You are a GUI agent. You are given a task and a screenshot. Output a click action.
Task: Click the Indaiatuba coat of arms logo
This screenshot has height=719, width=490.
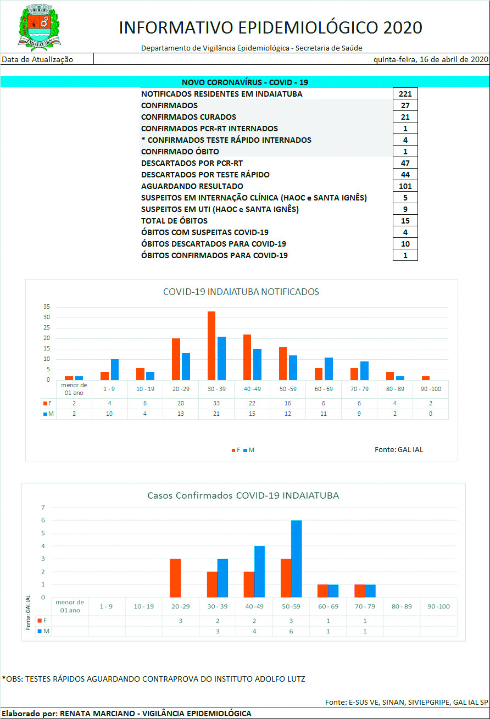tap(40, 26)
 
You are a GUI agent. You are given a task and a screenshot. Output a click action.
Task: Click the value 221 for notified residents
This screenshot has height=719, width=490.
tap(405, 94)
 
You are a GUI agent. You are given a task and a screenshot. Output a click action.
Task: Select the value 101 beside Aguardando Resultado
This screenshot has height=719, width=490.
tap(405, 186)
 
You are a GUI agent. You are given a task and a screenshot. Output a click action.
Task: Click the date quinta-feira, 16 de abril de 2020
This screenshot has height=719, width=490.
tap(431, 59)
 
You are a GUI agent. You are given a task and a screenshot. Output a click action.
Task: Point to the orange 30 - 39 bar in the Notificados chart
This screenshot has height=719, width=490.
tap(211, 345)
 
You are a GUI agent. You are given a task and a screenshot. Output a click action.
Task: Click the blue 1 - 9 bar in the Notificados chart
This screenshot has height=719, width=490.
tap(114, 369)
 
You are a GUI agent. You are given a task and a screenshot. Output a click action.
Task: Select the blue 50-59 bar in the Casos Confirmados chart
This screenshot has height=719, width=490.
tap(296, 559)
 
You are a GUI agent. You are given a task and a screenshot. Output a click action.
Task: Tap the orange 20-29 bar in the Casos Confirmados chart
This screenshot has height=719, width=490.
tap(175, 578)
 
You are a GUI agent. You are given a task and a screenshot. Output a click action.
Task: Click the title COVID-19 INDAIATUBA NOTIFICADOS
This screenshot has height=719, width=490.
tap(241, 292)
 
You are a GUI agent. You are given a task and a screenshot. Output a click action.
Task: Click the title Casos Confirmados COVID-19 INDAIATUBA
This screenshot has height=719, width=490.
tap(243, 495)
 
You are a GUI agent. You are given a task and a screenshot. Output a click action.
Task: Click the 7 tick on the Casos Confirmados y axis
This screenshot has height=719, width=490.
tap(42, 508)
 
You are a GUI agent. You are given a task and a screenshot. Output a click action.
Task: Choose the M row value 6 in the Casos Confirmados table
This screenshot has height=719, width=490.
tap(291, 631)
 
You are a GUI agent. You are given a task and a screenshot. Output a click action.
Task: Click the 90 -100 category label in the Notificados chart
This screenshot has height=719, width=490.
tap(430, 389)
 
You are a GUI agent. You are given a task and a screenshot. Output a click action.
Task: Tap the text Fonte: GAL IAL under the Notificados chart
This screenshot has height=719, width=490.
tap(399, 449)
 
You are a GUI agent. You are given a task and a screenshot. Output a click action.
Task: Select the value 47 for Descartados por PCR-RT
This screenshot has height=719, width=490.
tap(405, 163)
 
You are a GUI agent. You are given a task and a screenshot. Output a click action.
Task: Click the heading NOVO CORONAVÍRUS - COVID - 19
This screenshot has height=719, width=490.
tap(244, 82)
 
